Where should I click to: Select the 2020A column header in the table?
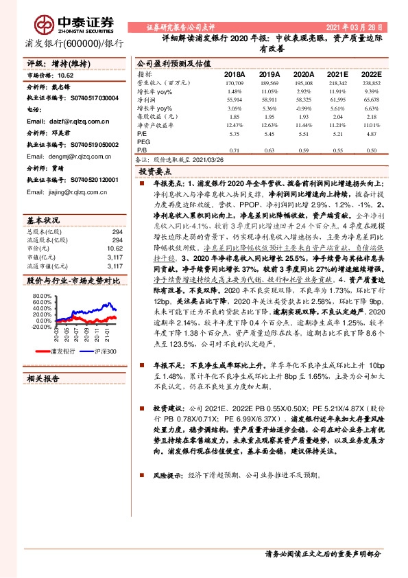pyautogui.click(x=302, y=74)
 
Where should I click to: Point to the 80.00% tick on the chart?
pyautogui.click(x=41, y=296)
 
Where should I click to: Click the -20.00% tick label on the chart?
pyautogui.click(x=40, y=327)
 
